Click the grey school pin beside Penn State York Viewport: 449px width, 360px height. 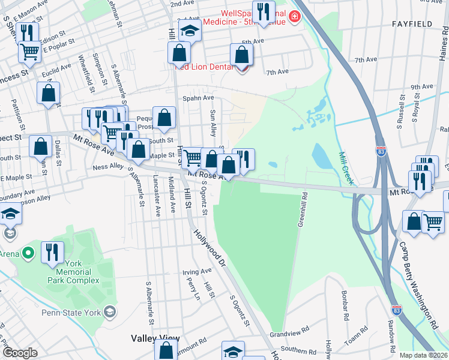point(110,311)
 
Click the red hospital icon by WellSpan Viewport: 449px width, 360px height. point(294,17)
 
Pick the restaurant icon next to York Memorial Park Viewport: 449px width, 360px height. point(53,252)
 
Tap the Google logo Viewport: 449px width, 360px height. point(20,353)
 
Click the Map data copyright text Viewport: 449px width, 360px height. point(423,355)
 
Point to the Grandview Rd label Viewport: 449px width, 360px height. point(289,334)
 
